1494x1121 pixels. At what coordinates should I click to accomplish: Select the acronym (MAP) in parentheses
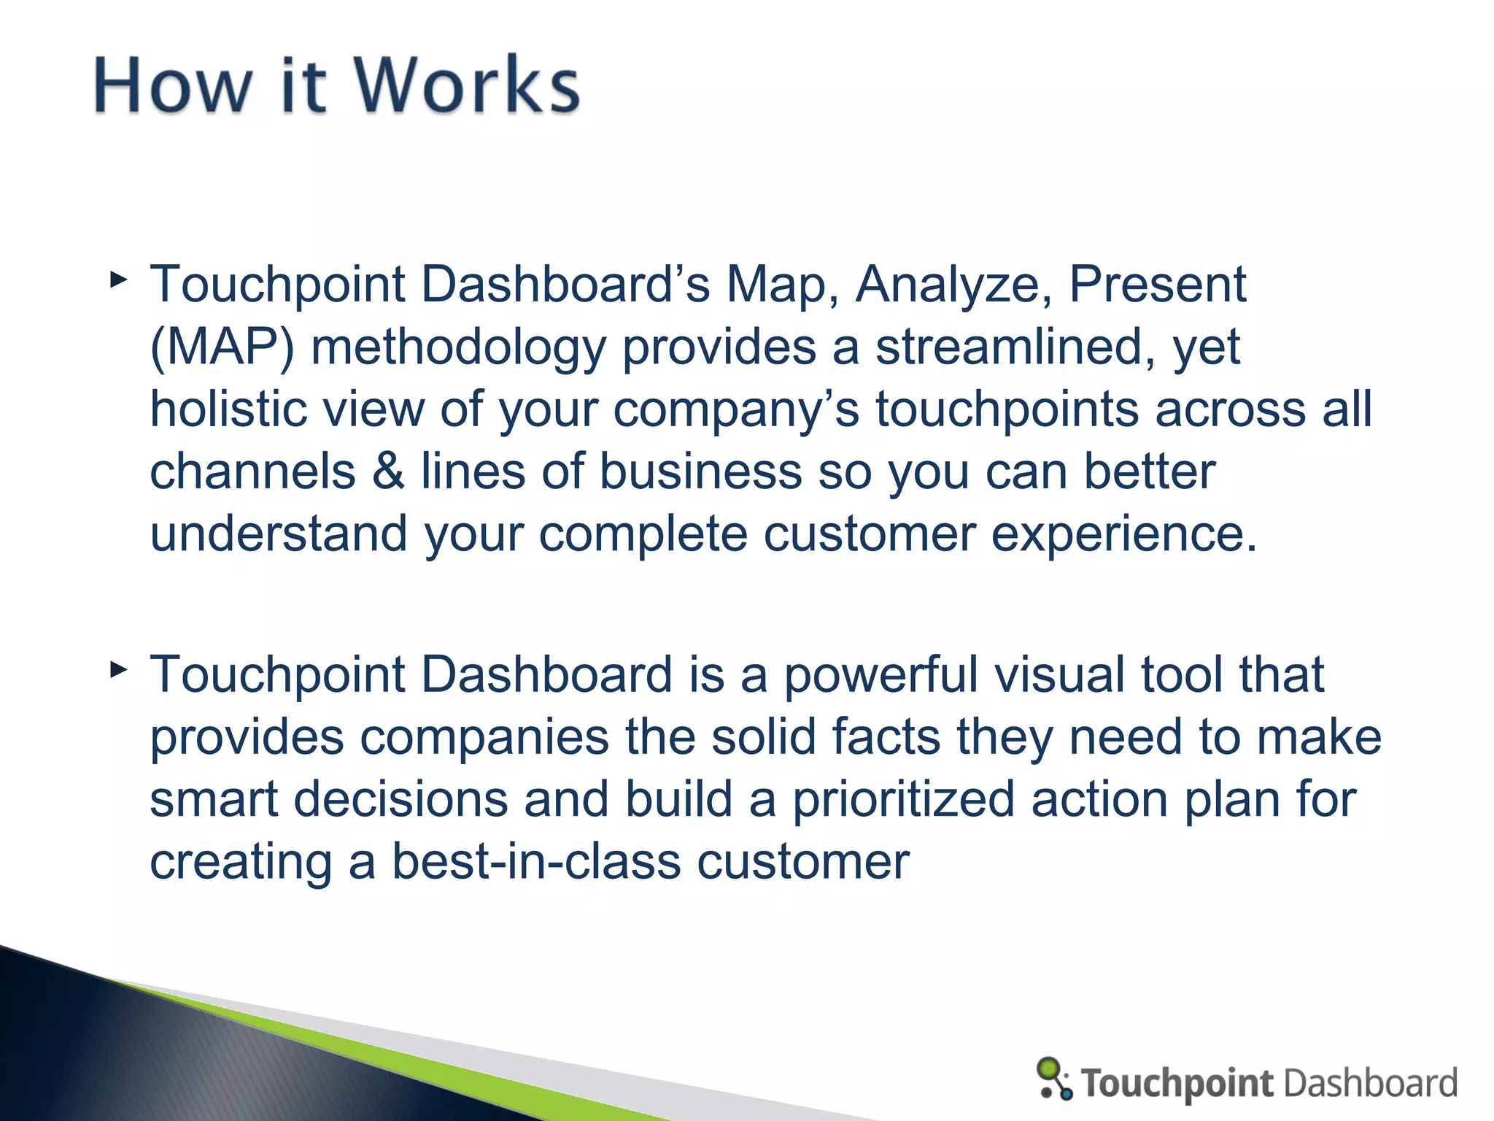[x=222, y=347]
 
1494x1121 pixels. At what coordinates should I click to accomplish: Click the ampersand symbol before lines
[x=388, y=471]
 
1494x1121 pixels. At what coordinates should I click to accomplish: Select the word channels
[x=252, y=471]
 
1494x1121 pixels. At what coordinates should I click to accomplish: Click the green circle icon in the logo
[x=1048, y=1068]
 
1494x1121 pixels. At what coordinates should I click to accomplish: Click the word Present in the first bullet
[x=1157, y=285]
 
